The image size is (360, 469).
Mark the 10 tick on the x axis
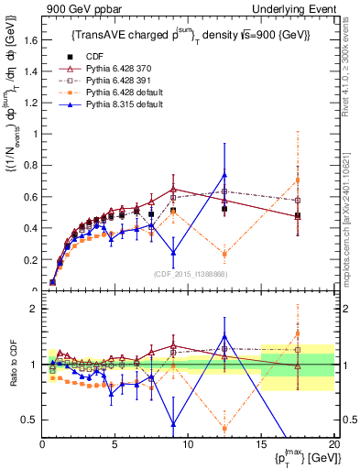pyautogui.click(x=188, y=444)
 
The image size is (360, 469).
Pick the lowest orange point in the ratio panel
pyautogui.click(x=224, y=428)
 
